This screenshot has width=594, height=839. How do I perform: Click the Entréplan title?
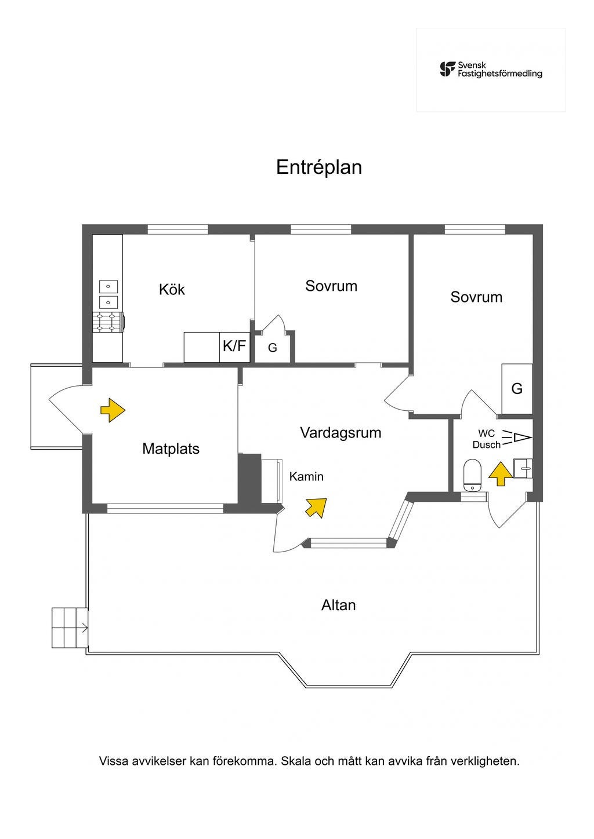click(318, 167)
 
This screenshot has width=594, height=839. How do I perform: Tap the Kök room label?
click(172, 289)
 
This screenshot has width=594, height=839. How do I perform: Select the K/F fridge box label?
click(234, 346)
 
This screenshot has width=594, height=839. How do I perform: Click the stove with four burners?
click(108, 322)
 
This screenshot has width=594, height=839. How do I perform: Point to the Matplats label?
click(171, 448)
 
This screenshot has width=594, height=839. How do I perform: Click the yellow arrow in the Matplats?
click(113, 410)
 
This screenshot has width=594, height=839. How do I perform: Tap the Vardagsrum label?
click(341, 433)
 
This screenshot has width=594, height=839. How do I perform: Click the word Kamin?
click(306, 476)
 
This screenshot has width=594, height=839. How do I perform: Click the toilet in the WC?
click(473, 475)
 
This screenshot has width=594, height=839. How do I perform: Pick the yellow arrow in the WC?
click(500, 474)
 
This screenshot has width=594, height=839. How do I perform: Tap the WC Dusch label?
click(486, 439)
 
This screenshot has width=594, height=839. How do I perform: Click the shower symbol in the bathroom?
click(517, 437)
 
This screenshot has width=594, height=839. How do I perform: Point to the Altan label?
click(338, 615)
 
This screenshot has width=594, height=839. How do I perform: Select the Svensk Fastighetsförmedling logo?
click(491, 70)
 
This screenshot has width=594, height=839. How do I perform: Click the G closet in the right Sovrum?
click(517, 388)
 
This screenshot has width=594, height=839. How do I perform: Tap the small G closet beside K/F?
click(272, 348)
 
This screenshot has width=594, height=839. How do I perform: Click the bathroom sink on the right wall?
click(523, 468)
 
